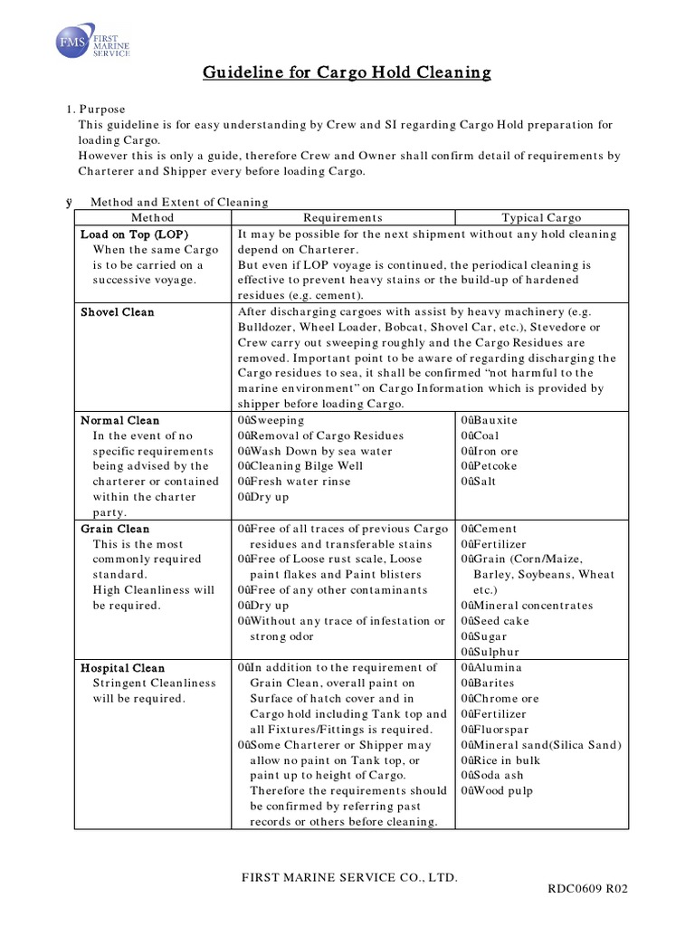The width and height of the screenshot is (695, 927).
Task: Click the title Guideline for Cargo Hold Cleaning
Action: [347, 72]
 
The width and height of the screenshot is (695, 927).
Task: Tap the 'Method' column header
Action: [151, 217]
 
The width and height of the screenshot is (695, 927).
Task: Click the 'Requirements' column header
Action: [342, 217]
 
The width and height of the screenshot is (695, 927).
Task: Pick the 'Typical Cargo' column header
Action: [541, 217]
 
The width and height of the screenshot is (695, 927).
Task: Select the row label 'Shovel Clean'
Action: [118, 312]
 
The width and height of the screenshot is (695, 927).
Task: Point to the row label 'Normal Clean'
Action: [119, 421]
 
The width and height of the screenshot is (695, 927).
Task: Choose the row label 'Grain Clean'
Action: [115, 529]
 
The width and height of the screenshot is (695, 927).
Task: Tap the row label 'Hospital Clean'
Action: [122, 668]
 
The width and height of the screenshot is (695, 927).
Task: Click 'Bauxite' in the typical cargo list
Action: [493, 421]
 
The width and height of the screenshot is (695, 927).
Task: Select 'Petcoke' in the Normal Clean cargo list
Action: [494, 466]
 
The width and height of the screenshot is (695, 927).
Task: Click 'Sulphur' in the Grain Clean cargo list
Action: [494, 652]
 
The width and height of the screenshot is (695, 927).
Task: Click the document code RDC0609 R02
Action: [586, 889]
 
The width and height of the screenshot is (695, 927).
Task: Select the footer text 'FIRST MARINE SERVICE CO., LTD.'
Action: [347, 877]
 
